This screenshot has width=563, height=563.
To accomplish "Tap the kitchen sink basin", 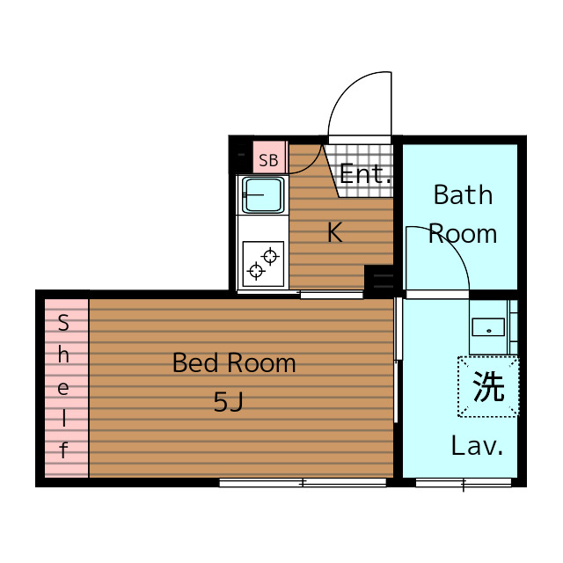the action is point(263,195).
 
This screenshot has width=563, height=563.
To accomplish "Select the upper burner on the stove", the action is point(270,256).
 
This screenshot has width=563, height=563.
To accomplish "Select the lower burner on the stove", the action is point(256,270).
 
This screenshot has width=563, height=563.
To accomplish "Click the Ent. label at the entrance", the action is point(365,174).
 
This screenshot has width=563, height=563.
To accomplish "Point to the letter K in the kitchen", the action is point(335,232).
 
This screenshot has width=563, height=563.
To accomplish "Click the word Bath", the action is point(463,195).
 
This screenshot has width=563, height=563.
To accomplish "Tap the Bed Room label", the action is point(234,362).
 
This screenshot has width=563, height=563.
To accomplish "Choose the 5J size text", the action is point(229,401).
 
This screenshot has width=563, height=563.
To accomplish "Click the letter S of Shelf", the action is point(63,323).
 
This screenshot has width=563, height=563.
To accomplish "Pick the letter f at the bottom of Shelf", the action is point(63,450).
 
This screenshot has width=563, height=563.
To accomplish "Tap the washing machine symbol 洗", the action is point(488,386).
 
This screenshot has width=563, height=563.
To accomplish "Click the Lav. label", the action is point(477,446).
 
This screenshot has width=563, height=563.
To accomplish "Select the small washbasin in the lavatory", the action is point(488,327).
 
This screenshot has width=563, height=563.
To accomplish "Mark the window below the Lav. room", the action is point(464,482).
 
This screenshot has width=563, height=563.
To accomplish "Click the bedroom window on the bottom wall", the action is point(303,482).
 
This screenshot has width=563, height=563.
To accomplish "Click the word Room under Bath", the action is point(463,234).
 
